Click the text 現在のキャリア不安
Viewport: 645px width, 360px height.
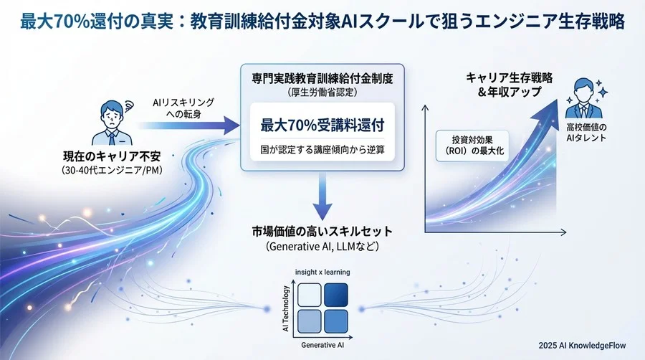click(x=104, y=156)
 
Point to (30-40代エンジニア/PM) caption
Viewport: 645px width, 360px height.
click(x=104, y=170)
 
